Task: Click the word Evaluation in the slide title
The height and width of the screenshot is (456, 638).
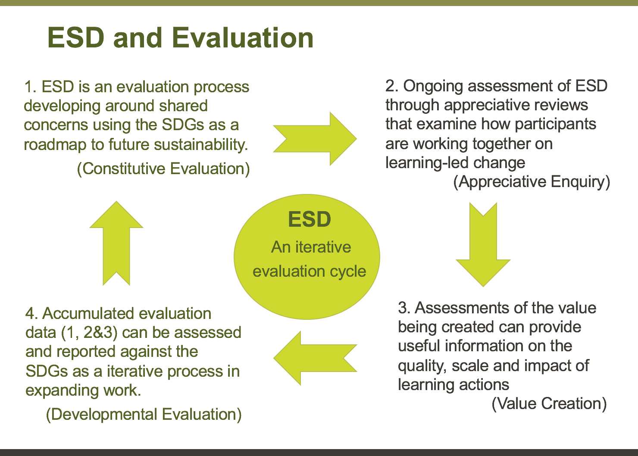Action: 243,37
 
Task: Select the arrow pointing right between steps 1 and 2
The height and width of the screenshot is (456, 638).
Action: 315,139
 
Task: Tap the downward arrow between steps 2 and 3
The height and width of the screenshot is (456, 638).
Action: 483,244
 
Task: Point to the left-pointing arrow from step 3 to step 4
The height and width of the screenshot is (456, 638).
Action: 315,358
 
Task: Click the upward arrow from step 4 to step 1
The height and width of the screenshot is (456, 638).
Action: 116,243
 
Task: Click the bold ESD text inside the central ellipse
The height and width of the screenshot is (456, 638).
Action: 310,219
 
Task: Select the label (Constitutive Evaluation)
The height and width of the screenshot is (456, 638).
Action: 163,169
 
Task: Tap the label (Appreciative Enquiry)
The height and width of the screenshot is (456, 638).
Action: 532,182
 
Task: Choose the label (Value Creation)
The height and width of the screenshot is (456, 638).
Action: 549,403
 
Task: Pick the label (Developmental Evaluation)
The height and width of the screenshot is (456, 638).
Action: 144,414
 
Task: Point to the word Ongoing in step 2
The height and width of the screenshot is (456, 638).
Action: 433,86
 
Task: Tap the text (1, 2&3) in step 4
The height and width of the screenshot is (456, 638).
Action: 89,333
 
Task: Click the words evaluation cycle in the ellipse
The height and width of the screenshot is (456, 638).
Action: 310,271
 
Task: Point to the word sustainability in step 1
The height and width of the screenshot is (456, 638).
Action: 201,144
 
